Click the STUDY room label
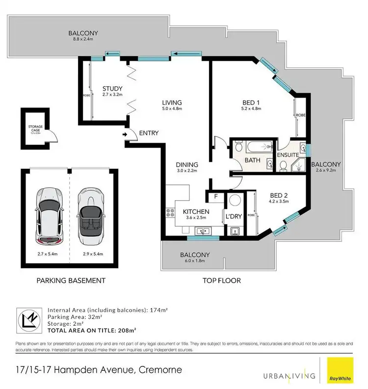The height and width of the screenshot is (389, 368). pos(112,89)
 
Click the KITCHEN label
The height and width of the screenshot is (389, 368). pos(196,212)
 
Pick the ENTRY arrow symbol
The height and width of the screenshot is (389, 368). pos(126,133)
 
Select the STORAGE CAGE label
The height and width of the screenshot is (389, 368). pos(35,130)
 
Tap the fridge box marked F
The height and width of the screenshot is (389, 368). pos(215,198)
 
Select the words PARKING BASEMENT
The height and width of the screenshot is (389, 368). pos(71,281)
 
